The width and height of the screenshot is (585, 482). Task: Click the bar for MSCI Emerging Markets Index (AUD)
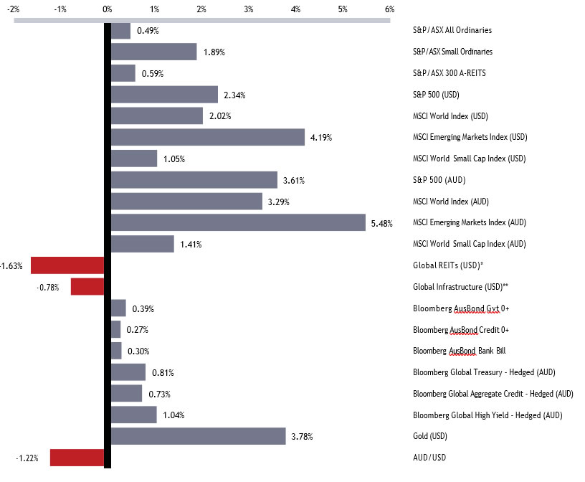click(x=238, y=222)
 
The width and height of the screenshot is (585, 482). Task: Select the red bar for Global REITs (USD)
click(x=67, y=265)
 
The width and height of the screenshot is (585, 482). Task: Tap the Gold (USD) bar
click(x=198, y=436)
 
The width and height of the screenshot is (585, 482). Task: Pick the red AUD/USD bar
click(x=77, y=458)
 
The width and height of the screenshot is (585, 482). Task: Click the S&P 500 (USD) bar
click(x=164, y=95)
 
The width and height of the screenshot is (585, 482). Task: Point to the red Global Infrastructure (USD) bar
click(x=87, y=287)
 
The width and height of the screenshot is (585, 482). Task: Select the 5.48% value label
click(x=382, y=223)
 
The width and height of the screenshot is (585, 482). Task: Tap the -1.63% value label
click(x=11, y=266)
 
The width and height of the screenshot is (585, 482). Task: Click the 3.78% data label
click(x=302, y=436)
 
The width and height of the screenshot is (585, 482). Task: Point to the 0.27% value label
click(x=137, y=330)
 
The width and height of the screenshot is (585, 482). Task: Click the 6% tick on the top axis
click(x=389, y=9)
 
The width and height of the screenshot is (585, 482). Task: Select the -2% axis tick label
click(x=13, y=9)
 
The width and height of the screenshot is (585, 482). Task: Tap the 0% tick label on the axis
click(x=108, y=9)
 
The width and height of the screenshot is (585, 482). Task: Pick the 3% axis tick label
click(x=248, y=9)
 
